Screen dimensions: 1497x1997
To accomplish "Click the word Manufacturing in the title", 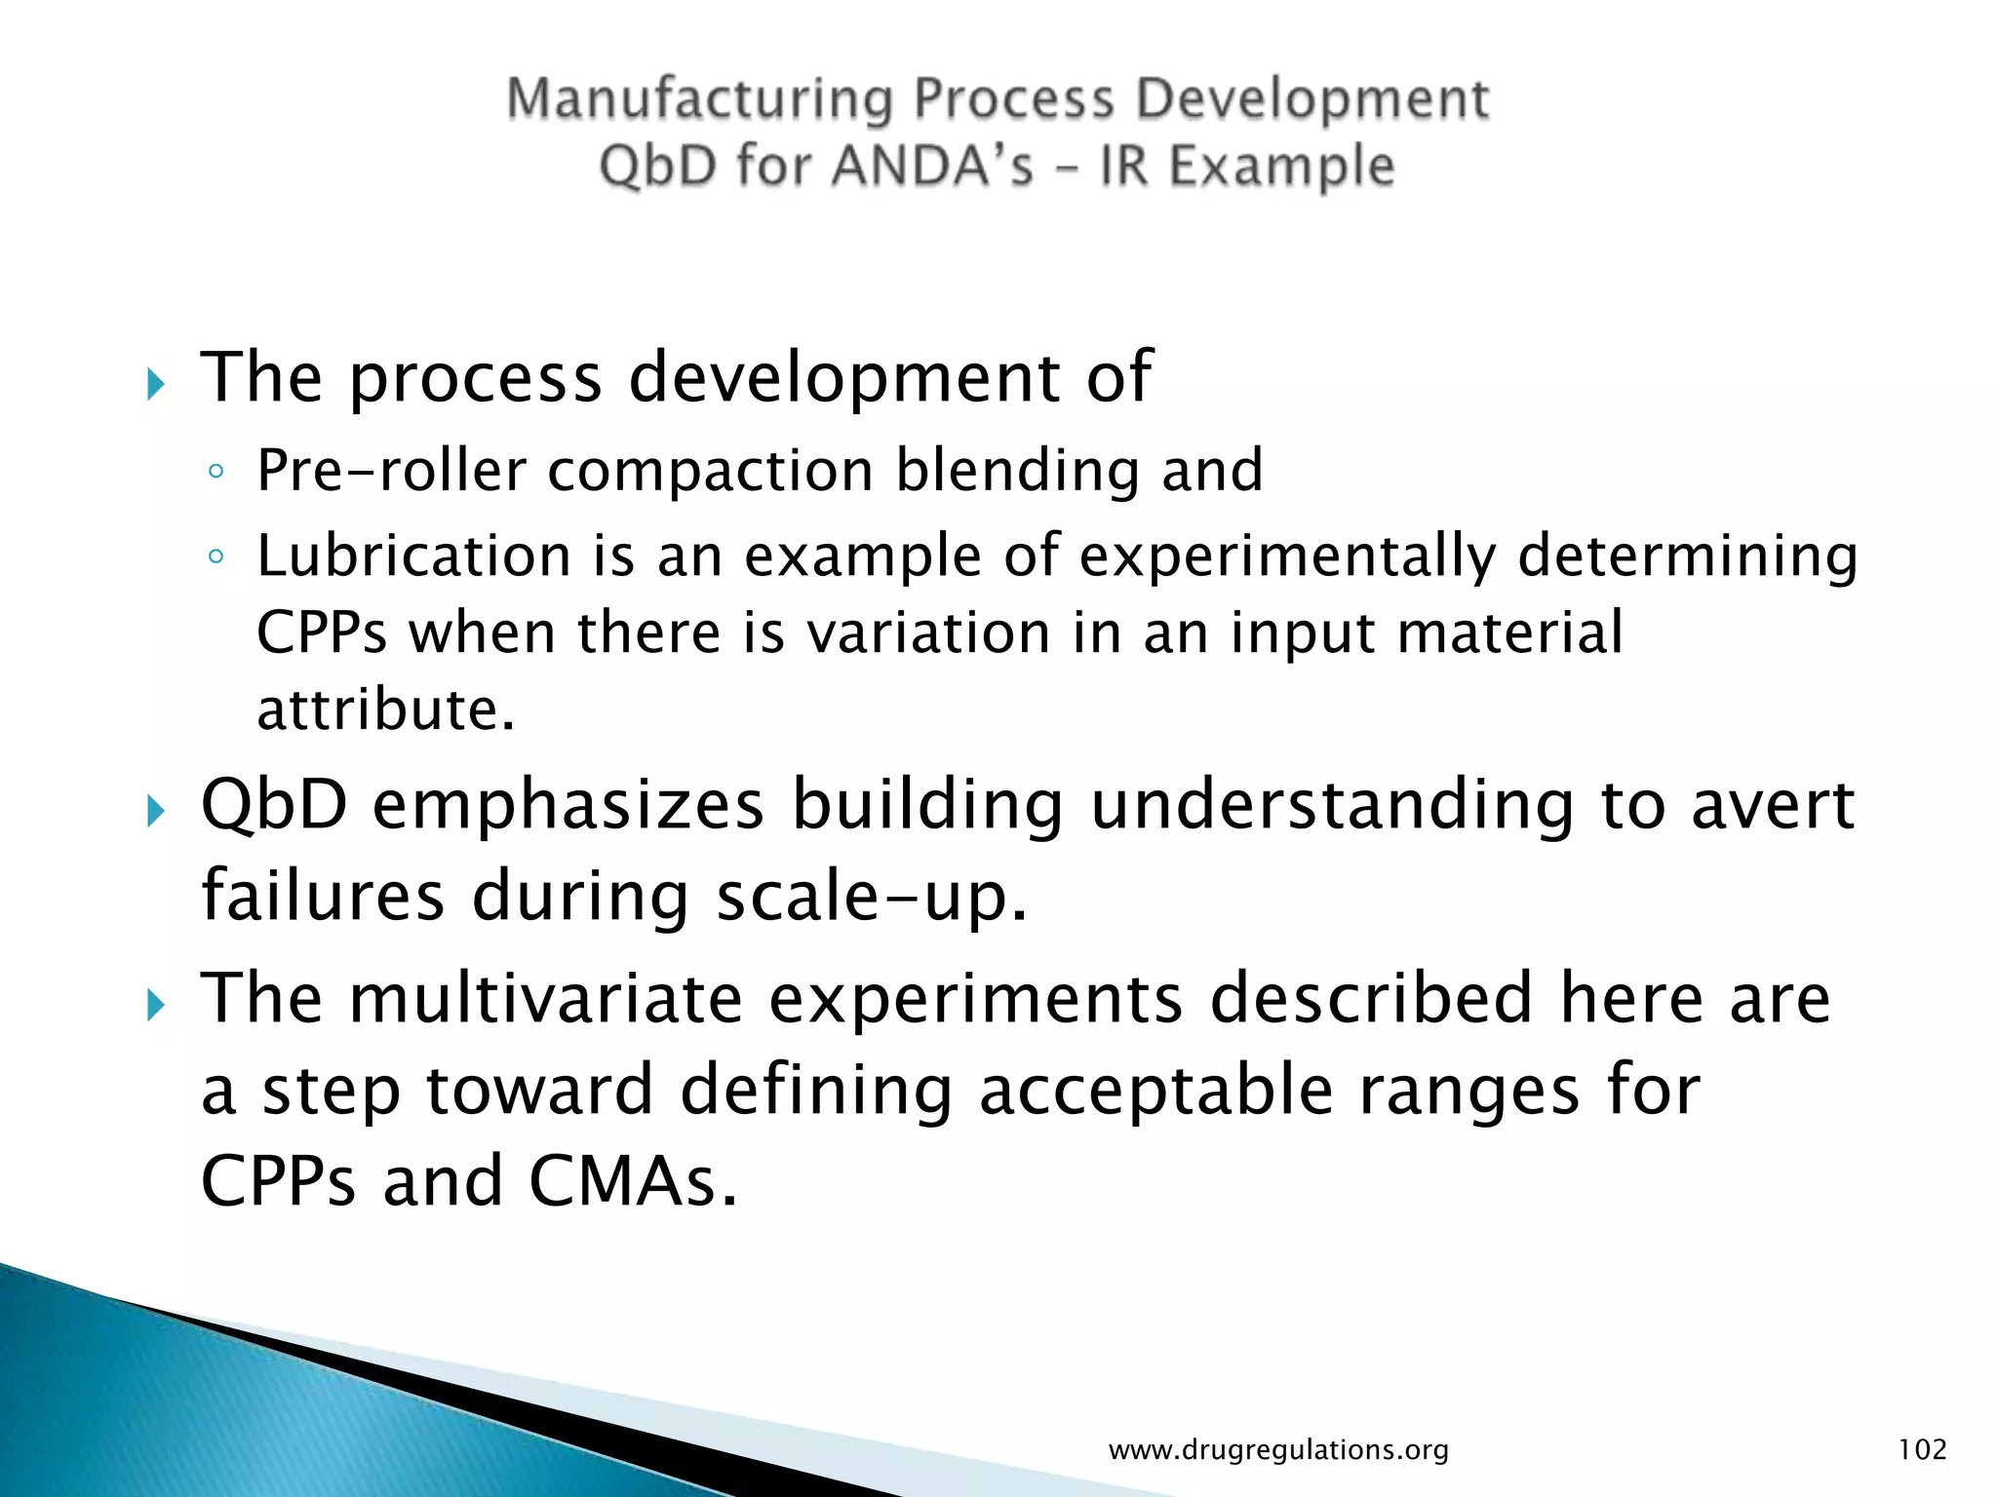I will click(x=699, y=100).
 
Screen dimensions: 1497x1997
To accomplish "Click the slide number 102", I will click(x=1922, y=1449).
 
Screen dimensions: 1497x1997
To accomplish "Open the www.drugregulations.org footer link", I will click(x=1278, y=1450).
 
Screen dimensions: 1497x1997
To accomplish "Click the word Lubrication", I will click(x=413, y=557).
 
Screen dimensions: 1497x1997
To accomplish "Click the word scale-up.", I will click(x=872, y=897).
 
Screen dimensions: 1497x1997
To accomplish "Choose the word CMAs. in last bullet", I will click(x=633, y=1181).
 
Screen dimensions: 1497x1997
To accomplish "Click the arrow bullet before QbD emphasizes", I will click(x=156, y=811).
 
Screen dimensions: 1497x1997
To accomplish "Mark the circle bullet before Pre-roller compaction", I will click(x=216, y=473).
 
